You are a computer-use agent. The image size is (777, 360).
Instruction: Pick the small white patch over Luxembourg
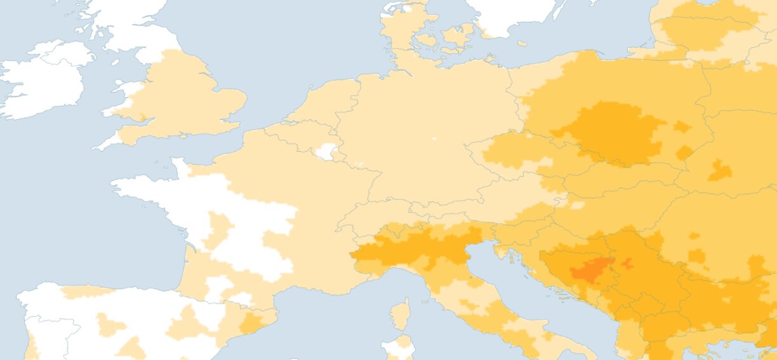pyautogui.click(x=326, y=151)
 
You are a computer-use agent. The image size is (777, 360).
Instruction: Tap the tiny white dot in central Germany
pyautogui.click(x=434, y=138)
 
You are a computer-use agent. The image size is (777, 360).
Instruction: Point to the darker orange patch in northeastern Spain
pyautogui.click(x=251, y=322)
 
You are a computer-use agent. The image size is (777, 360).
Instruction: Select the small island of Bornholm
pyautogui.click(x=522, y=44)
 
